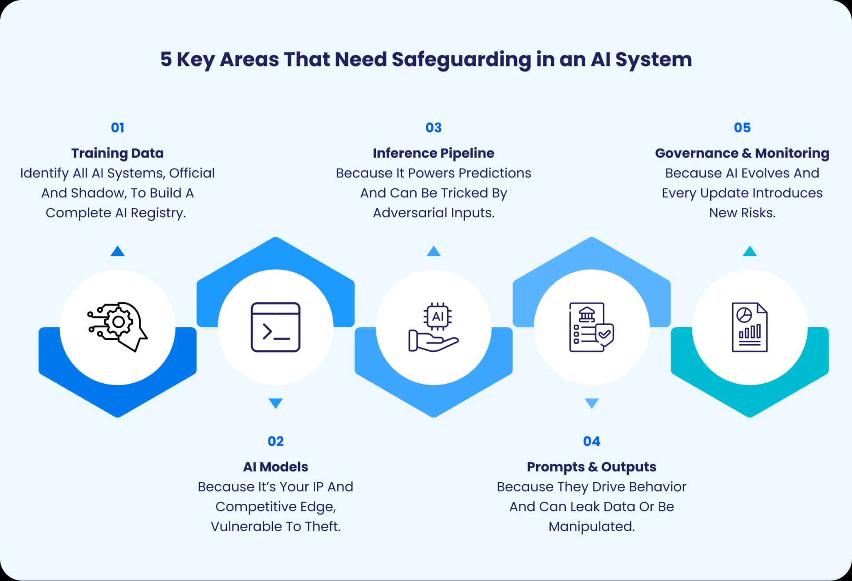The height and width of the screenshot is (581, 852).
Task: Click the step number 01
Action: (x=118, y=128)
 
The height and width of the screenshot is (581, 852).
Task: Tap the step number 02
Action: (x=276, y=441)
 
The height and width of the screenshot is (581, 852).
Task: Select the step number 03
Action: (x=434, y=128)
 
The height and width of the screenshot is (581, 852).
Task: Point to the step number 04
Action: (x=592, y=441)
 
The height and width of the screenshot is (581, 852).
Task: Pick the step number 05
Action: (x=742, y=128)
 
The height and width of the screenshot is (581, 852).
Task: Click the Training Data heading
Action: (x=118, y=153)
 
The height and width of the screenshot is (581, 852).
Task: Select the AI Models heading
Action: (x=276, y=467)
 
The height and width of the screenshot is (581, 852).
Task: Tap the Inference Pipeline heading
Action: (x=434, y=153)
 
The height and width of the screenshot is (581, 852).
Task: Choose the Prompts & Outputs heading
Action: (x=592, y=467)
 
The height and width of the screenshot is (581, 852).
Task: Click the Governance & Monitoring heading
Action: (x=742, y=153)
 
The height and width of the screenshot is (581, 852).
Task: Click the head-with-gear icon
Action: (x=118, y=327)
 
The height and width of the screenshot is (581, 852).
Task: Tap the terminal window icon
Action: (x=276, y=327)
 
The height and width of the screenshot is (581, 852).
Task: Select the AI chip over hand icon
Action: (x=434, y=327)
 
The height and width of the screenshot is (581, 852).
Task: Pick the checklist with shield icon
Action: (x=592, y=327)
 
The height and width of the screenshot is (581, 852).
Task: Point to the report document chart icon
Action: (x=750, y=327)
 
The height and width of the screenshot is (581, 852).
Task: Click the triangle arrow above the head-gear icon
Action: (x=118, y=251)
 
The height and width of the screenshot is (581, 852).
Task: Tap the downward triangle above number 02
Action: (x=276, y=403)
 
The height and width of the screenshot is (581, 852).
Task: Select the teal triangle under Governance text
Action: (x=750, y=251)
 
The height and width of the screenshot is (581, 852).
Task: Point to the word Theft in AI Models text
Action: (x=323, y=526)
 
